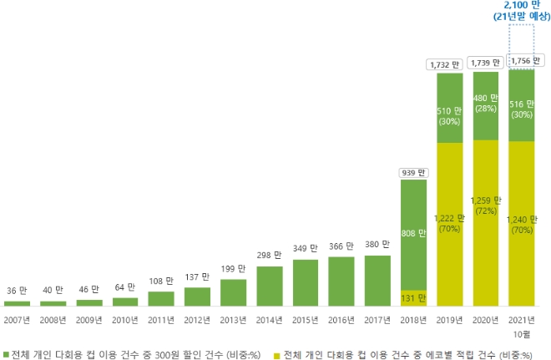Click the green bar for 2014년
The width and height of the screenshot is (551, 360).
coord(270,286)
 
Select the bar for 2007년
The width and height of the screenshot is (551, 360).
coord(17,303)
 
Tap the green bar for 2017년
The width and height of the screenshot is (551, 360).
coord(377,281)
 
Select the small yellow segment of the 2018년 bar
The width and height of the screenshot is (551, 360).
coord(413,298)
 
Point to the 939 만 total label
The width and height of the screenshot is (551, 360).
coord(413,173)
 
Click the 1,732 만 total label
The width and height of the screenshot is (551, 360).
coord(450,63)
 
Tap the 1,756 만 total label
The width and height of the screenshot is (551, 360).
coord(522,61)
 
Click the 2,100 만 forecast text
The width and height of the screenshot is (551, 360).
coord(521,6)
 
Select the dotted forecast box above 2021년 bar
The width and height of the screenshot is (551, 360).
coord(522,38)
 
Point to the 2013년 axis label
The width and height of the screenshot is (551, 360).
coord(234,318)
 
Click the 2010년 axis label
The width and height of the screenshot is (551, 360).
coord(125,318)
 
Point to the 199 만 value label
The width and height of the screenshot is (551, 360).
coord(234,269)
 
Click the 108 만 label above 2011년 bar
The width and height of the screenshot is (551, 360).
coord(161,281)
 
